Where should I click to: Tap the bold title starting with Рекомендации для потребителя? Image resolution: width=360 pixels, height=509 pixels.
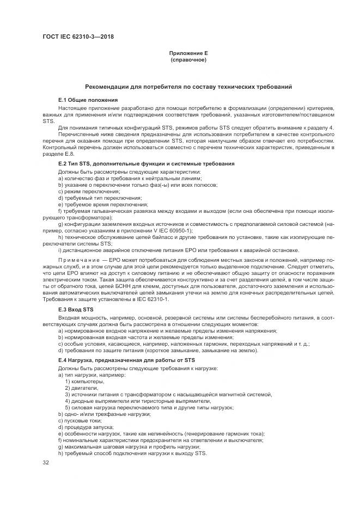(x=188, y=87)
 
